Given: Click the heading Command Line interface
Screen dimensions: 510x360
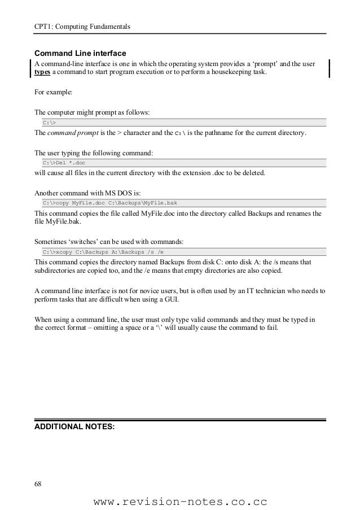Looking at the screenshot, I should [x=80, y=53].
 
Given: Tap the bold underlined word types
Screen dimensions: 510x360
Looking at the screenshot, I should [x=43, y=74].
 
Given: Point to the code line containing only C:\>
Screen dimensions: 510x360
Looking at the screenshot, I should [x=50, y=122].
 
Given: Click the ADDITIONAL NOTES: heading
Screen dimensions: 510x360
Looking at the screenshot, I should [x=74, y=426].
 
